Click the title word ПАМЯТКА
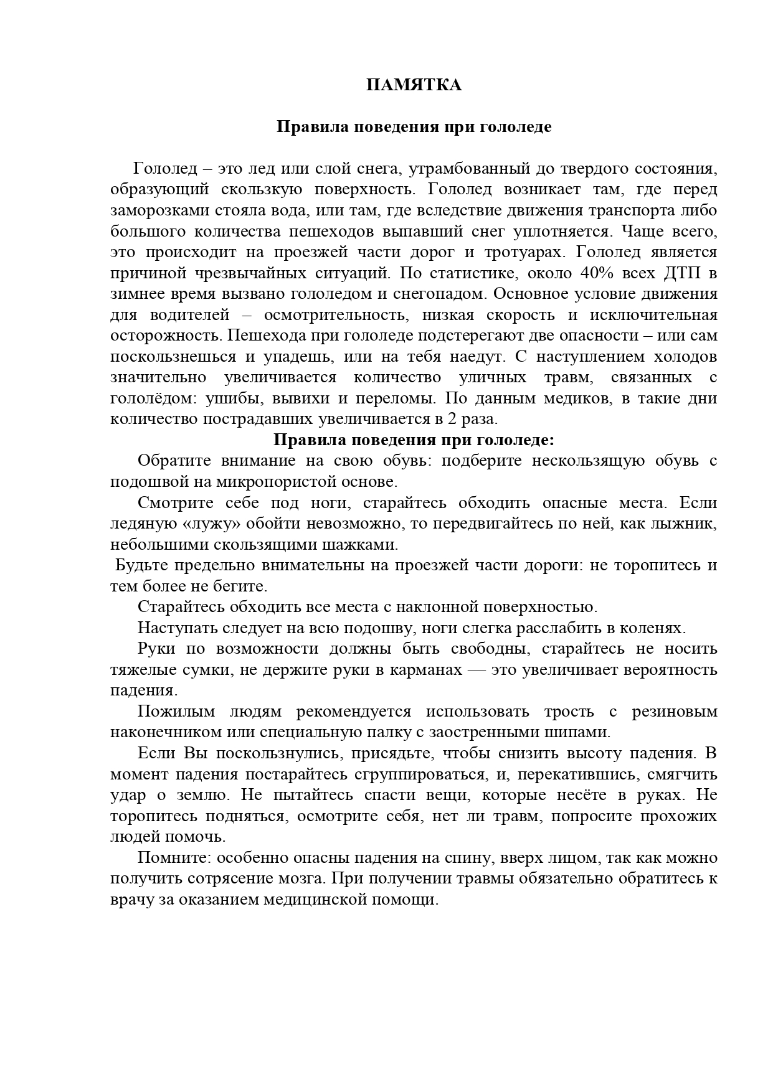pyautogui.click(x=414, y=85)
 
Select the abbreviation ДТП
pyautogui.click(x=675, y=273)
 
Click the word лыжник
pyautogui.click(x=683, y=524)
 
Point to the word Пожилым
pyautogui.click(x=176, y=711)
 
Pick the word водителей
pyautogui.click(x=185, y=314)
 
